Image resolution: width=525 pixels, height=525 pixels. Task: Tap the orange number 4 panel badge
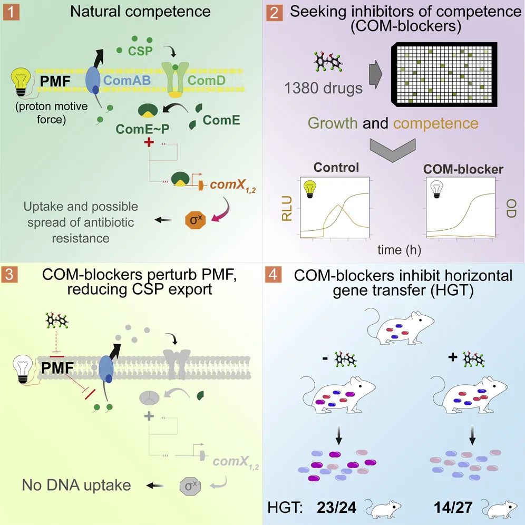273,275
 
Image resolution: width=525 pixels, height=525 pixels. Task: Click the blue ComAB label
127,80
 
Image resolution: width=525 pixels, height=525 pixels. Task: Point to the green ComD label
206,80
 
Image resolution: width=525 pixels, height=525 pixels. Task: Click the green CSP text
140,51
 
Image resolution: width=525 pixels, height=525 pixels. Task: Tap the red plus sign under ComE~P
149,142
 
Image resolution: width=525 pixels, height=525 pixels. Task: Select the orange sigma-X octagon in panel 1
196,220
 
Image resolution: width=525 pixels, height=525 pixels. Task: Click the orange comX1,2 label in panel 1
232,186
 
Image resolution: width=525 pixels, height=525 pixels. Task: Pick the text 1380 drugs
323,89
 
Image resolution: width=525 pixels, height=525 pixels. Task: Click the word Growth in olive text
333,123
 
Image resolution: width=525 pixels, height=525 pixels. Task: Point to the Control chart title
336,168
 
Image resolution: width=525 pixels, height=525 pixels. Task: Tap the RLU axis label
287,209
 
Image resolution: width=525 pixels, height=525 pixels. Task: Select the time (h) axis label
399,250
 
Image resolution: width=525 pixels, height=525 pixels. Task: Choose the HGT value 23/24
336,508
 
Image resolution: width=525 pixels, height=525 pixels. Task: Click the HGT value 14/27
453,508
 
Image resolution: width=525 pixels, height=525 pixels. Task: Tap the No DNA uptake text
76,485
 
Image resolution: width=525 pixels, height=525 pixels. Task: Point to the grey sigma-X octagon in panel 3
190,486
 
